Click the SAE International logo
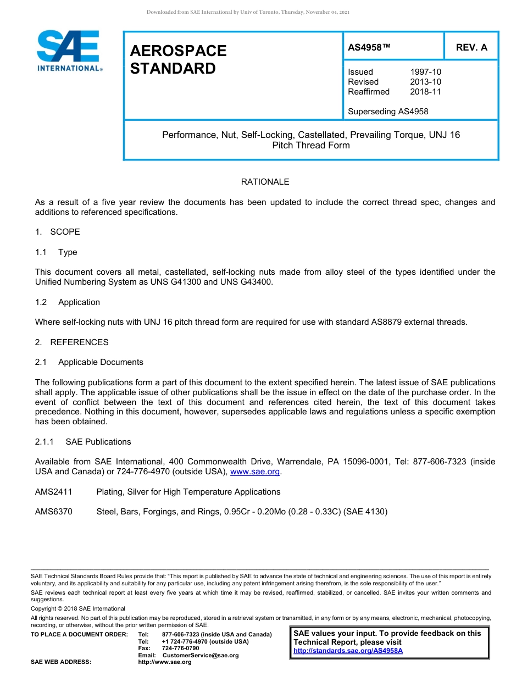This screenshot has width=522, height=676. click(x=68, y=51)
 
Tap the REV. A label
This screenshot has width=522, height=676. click(x=471, y=47)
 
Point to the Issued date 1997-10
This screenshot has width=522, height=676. click(x=425, y=72)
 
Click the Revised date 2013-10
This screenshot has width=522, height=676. click(x=425, y=82)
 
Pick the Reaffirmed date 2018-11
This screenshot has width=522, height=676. click(x=425, y=92)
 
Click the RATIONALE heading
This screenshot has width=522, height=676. click(x=265, y=182)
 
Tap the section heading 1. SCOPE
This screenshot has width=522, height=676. click(x=57, y=232)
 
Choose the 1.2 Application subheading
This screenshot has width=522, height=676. click(x=68, y=302)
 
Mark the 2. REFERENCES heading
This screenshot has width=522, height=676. click(x=71, y=342)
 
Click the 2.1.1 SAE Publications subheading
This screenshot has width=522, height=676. click(x=83, y=442)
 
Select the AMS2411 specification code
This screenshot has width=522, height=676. click(x=53, y=492)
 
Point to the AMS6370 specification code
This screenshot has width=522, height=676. click(x=53, y=512)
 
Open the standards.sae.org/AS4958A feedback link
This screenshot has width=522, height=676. click(x=348, y=651)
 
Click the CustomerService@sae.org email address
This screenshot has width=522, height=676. click(x=201, y=655)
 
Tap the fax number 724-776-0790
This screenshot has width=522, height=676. click(x=181, y=649)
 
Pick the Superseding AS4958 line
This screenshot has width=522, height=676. click(x=388, y=112)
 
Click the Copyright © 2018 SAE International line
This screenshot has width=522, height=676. click(x=78, y=608)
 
